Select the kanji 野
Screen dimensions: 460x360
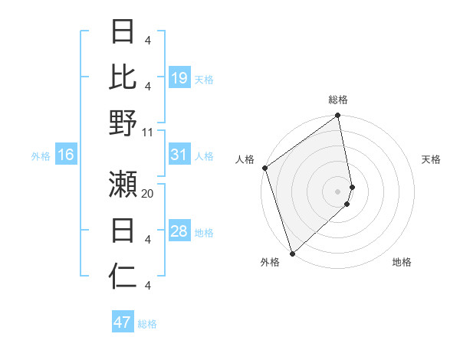tap(123, 123)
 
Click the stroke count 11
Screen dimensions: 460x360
tap(148, 133)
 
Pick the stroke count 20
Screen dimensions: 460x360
tap(148, 193)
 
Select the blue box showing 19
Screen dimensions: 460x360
tap(179, 78)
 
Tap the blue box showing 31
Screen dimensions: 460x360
tap(179, 155)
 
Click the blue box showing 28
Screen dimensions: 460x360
tap(179, 232)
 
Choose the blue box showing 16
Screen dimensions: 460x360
tap(65, 155)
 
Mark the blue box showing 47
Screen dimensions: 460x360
tap(123, 322)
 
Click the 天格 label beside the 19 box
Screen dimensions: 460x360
tap(204, 79)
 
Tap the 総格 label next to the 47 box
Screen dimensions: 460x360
tap(147, 324)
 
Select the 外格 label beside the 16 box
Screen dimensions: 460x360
tap(41, 156)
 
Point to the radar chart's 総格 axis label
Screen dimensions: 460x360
tap(338, 100)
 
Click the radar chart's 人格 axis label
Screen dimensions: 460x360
tap(245, 159)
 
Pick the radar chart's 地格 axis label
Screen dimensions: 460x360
tap(402, 262)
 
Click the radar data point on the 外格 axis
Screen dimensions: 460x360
tap(292, 253)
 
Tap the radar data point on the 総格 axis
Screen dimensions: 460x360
tap(338, 116)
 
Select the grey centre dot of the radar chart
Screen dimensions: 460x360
tap(338, 191)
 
